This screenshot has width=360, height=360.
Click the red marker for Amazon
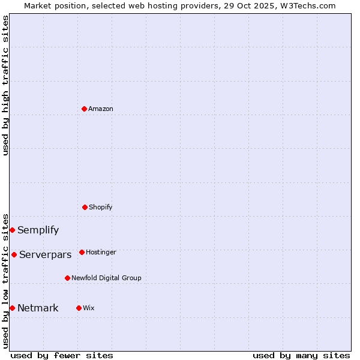tap(84, 109)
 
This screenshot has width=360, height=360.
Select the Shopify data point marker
tap(85, 207)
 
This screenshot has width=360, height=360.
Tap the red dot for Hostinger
tap(82, 252)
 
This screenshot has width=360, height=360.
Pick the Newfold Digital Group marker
tap(67, 278)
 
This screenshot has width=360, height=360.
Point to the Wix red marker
tap(79, 308)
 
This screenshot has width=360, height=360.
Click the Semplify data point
tap(12, 230)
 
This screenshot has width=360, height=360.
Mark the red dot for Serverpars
tap(14, 254)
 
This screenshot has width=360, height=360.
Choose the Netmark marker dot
tap(12, 308)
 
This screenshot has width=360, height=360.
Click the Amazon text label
tap(101, 109)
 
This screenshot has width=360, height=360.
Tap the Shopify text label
tap(101, 207)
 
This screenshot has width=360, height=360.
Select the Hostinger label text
tap(101, 252)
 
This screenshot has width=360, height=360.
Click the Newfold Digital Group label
tap(106, 278)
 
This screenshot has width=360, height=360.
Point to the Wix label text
tap(89, 308)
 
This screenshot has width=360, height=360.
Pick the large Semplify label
tap(38, 230)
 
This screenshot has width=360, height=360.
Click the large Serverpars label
tap(45, 254)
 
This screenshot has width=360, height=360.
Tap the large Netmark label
tap(38, 308)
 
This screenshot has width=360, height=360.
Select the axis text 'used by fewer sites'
tap(61, 355)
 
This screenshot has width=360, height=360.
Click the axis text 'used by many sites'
tap(301, 355)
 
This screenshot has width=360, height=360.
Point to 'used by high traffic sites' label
tap(5, 85)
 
